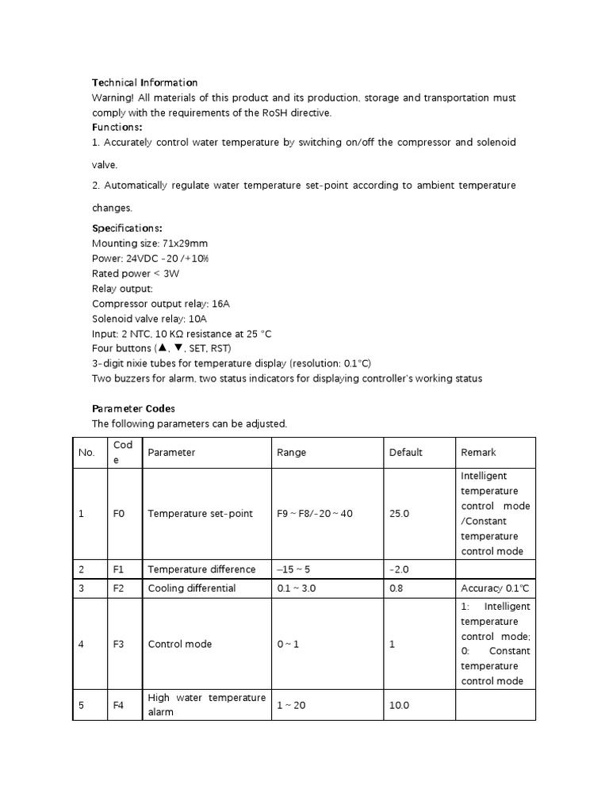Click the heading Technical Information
(x=144, y=82)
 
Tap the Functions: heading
(x=117, y=127)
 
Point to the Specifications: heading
(x=128, y=228)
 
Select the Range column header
(x=291, y=452)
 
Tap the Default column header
(x=405, y=452)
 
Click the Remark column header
(x=477, y=452)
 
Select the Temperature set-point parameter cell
(x=200, y=514)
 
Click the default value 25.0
(x=399, y=514)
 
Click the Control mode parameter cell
(x=179, y=644)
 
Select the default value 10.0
(x=399, y=704)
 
